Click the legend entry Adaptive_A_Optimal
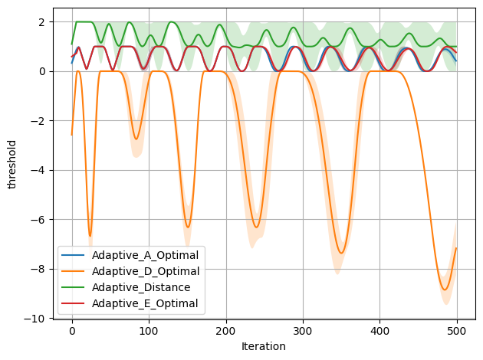[145, 254]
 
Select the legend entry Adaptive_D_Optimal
[145, 271]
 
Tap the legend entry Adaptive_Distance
[140, 287]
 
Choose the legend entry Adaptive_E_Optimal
[145, 304]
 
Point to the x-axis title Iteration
[263, 346]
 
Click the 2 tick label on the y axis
[42, 22]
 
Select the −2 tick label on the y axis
[39, 121]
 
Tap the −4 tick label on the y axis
[39, 170]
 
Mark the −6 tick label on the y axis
[39, 220]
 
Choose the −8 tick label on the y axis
[39, 269]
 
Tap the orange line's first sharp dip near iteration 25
[90, 236]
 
